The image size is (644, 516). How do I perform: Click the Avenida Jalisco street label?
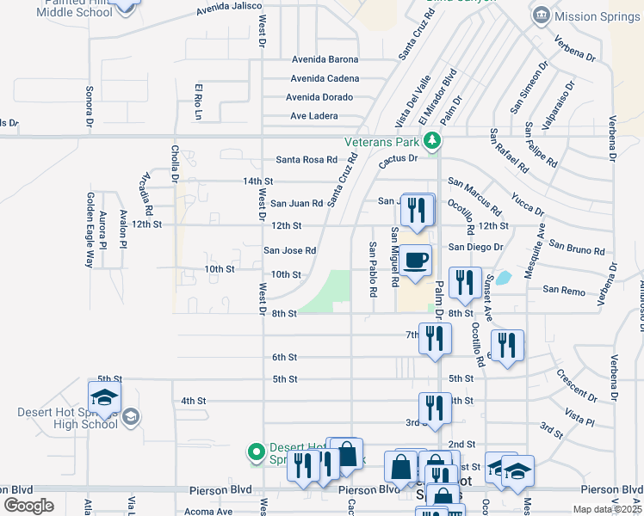pyautogui.click(x=228, y=10)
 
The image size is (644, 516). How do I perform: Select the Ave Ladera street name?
pyautogui.click(x=314, y=116)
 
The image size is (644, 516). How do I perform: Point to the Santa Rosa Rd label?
pyautogui.click(x=306, y=160)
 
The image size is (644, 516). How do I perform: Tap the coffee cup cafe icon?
pyautogui.click(x=415, y=259)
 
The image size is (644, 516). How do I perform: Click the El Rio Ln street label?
pyautogui.click(x=198, y=101)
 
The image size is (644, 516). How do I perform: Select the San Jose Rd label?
pyautogui.click(x=289, y=251)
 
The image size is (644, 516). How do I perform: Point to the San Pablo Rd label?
pyautogui.click(x=373, y=269)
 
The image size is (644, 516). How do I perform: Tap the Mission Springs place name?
pyautogui.click(x=598, y=15)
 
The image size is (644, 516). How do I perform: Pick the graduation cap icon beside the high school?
pyautogui.click(x=103, y=397)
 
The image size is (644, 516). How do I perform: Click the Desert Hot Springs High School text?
pyautogui.click(x=67, y=418)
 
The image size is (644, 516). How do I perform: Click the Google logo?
pyautogui.click(x=28, y=506)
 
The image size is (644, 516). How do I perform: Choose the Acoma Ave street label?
pyautogui.click(x=208, y=512)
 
